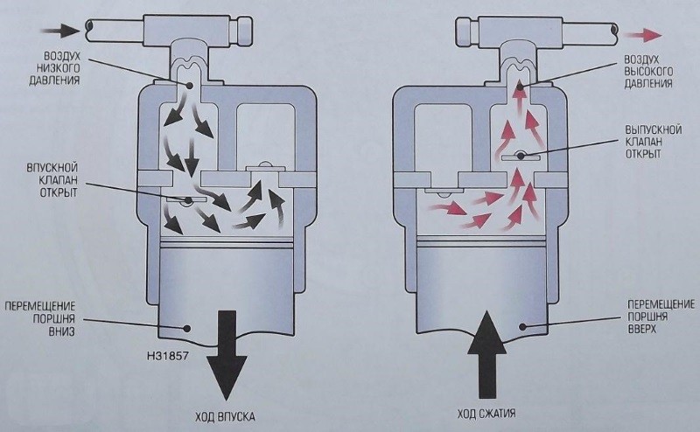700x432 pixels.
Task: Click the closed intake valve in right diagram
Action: pos(441,188)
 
